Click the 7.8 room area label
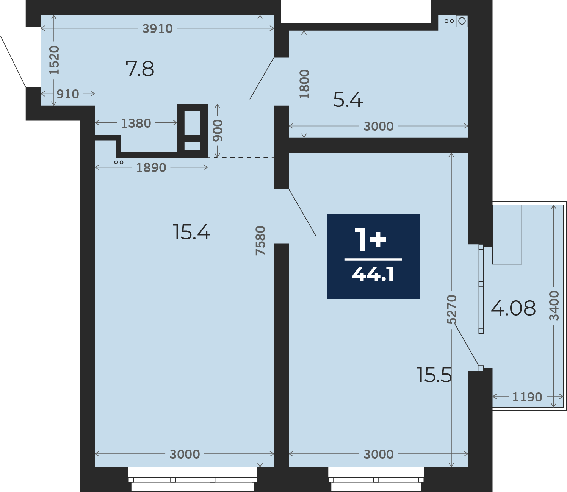tap(140, 69)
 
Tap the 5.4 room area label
tap(348, 100)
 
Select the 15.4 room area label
tap(191, 232)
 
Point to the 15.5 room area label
tap(434, 375)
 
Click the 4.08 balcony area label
tap(513, 308)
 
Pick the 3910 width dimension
tap(157, 28)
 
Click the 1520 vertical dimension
tap(54, 60)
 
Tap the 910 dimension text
tap(68, 94)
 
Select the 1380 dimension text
tap(136, 123)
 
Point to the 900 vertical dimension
tap(218, 131)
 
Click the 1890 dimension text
tap(151, 168)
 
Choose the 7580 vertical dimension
tap(260, 241)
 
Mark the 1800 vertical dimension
tap(304, 84)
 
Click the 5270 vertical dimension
tap(452, 309)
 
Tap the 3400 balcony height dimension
tap(554, 306)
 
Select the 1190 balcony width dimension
tap(527, 397)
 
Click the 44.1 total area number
tap(373, 275)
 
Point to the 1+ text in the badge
tap(371, 239)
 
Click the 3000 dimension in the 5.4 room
tap(379, 127)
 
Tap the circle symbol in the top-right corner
tap(462, 21)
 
